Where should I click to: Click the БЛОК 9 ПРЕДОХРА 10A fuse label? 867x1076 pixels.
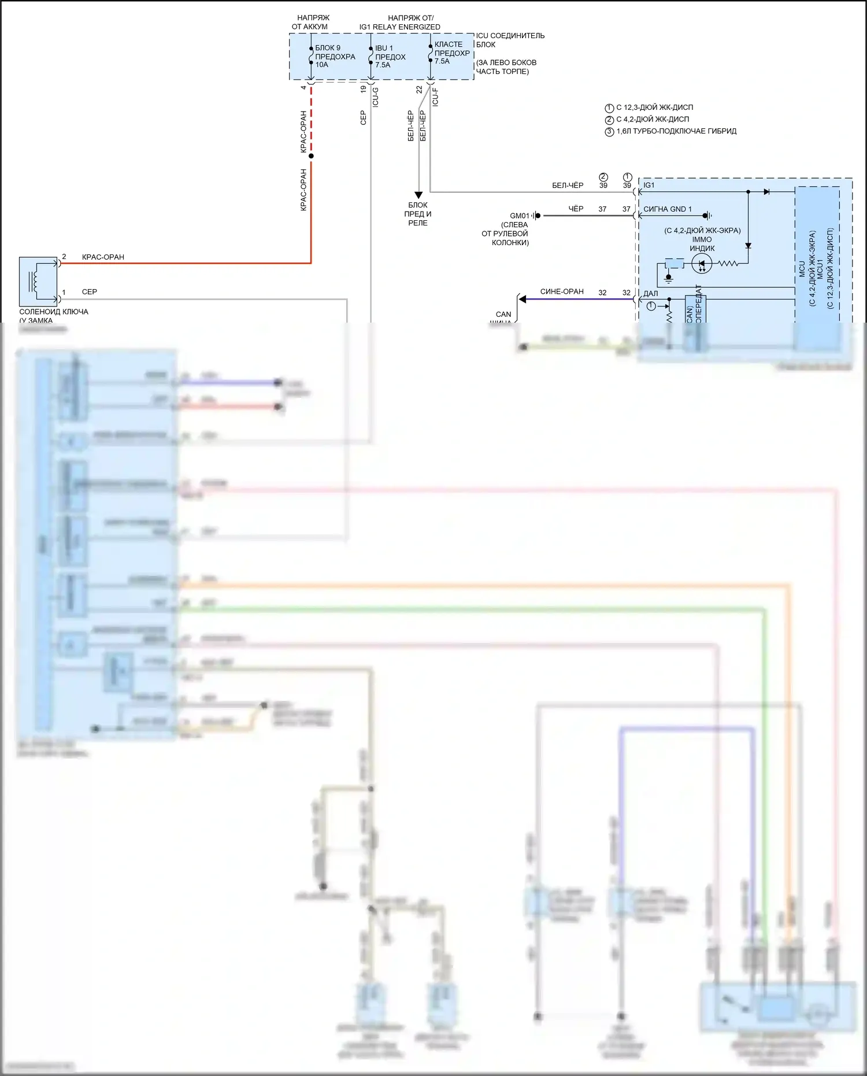pos(335,56)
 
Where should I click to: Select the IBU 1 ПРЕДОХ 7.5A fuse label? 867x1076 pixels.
pos(390,56)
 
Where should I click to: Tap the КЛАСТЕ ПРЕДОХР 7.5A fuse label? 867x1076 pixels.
pos(451,53)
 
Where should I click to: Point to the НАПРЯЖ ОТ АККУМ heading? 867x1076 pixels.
pos(310,22)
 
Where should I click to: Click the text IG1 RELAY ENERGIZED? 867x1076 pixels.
pos(399,27)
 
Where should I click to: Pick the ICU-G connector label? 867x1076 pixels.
pos(376,97)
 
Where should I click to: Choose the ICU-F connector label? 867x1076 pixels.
pos(435,97)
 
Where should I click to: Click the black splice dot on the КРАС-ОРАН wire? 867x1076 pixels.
pos(311,156)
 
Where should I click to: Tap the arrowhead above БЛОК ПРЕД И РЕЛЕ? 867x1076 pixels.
pos(418,195)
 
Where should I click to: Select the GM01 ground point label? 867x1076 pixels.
pos(519,216)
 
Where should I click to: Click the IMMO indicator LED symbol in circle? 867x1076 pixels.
pos(702,264)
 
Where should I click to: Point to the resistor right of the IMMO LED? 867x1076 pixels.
pos(728,264)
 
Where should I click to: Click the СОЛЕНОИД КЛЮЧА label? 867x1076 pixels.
pos(53,312)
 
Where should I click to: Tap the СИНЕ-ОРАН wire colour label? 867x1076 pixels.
pos(561,291)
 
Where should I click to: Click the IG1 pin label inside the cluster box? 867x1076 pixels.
pos(649,185)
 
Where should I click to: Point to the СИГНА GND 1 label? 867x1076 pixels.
pos(667,209)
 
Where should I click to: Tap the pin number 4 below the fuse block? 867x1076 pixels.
pos(303,88)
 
